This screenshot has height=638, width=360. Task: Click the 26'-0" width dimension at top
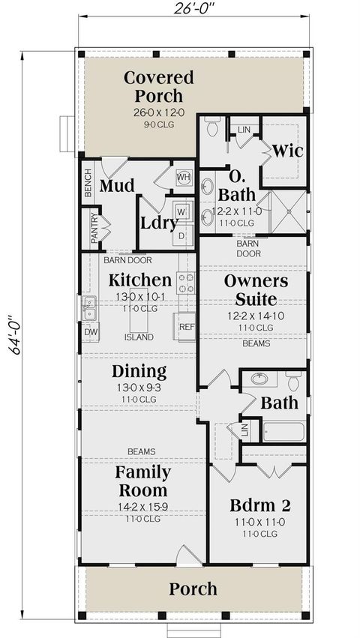tap(194, 8)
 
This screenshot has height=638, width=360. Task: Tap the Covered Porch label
tap(158, 86)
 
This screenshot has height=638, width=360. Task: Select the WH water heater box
tap(184, 177)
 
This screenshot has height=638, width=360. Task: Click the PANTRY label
tap(94, 228)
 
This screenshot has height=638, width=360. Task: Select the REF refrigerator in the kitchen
tap(186, 327)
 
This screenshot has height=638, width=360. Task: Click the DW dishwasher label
tap(90, 332)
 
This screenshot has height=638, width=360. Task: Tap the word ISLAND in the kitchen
tap(140, 337)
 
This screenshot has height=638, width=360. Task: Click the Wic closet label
tap(287, 151)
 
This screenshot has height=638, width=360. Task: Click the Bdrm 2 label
tap(257, 505)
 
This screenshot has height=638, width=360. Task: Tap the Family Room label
tap(142, 482)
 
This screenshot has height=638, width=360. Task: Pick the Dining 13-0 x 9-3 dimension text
tap(139, 388)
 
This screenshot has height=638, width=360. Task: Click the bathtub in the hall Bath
tap(283, 432)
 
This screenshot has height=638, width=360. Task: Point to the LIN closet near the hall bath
tap(245, 430)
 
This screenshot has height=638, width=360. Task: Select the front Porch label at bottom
tap(193, 589)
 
